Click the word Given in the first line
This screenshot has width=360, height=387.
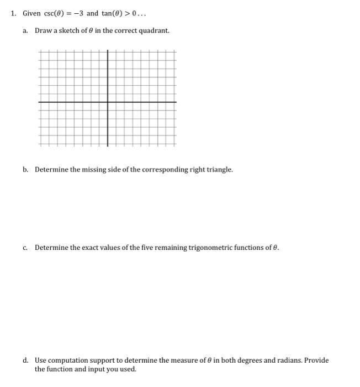[x=31, y=13]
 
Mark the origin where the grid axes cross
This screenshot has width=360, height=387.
[x=108, y=102]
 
